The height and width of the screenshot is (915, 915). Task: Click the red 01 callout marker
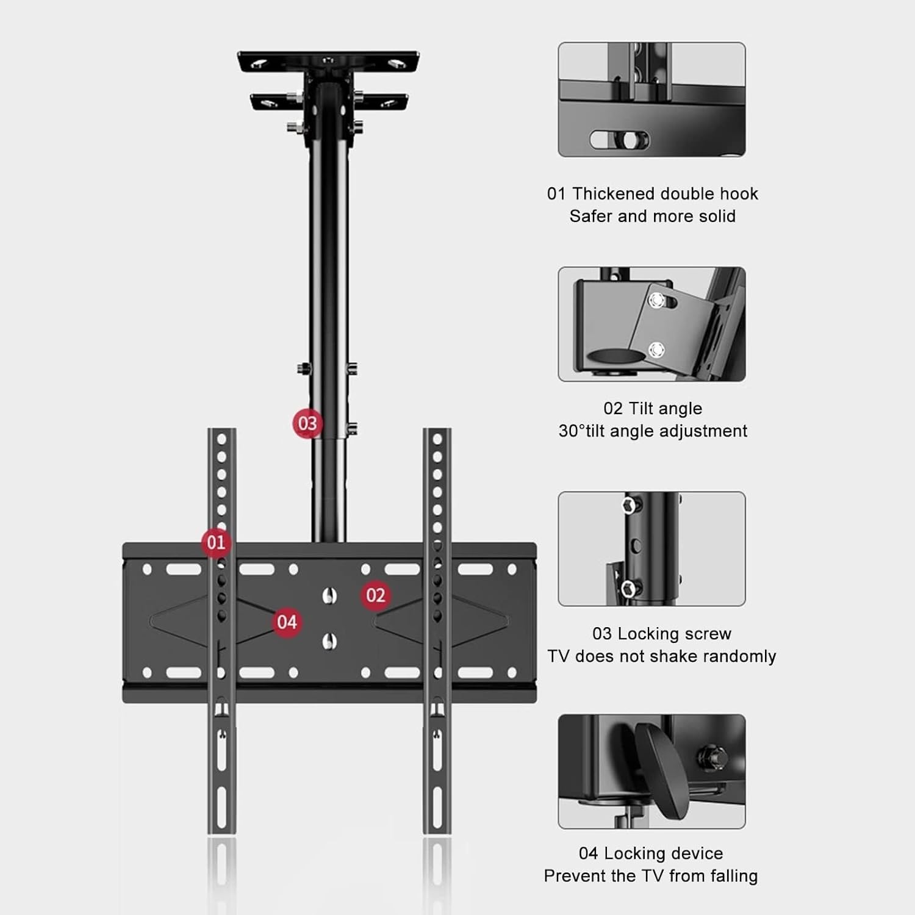point(216,542)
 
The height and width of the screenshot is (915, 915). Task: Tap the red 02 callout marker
point(376,595)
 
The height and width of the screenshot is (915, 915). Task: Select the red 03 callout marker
point(307,423)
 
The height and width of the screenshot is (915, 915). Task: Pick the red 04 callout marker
point(287,622)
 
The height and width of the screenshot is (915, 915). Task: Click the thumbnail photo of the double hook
point(651,99)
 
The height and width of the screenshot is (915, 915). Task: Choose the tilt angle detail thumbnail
point(651,324)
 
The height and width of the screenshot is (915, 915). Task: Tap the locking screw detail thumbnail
point(651,549)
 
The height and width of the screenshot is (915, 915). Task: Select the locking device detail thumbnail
point(651,772)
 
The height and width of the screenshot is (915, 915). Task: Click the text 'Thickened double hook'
point(665,193)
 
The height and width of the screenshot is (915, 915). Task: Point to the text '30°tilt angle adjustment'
point(653,431)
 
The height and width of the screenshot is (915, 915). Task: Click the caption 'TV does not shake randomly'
point(662,656)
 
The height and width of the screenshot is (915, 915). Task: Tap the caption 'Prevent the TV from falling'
point(651,876)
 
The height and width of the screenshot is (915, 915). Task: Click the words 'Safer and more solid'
point(653,216)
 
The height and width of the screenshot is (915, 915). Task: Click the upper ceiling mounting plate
point(328,62)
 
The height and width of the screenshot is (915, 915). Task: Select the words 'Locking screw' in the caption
point(674,634)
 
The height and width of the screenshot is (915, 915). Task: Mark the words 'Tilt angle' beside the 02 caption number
point(666,408)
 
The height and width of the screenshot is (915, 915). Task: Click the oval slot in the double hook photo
point(620,140)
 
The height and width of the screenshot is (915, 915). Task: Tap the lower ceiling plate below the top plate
point(328,102)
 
